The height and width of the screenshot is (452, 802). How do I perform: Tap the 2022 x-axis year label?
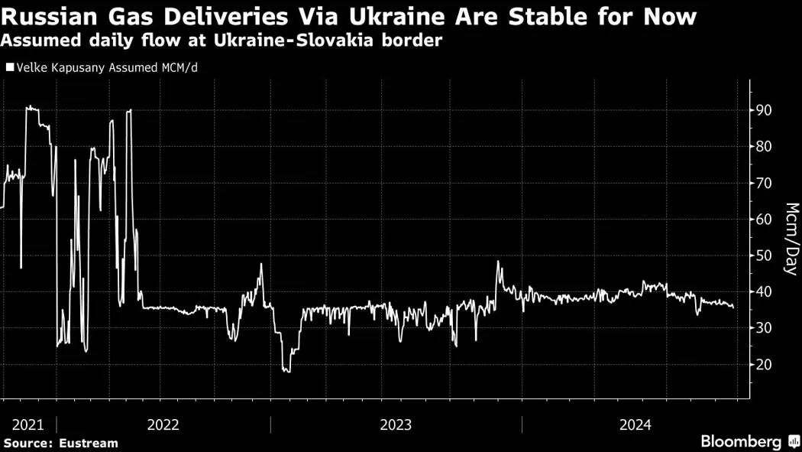point(163,425)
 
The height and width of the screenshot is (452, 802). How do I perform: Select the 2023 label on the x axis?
point(396,425)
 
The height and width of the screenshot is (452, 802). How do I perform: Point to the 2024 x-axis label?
point(635,425)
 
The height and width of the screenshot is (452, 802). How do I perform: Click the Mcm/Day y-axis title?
point(792,239)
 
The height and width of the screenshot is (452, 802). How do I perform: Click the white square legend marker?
point(9,67)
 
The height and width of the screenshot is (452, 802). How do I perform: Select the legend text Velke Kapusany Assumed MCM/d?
point(107,67)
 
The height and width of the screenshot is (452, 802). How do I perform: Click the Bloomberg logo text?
point(741,442)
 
